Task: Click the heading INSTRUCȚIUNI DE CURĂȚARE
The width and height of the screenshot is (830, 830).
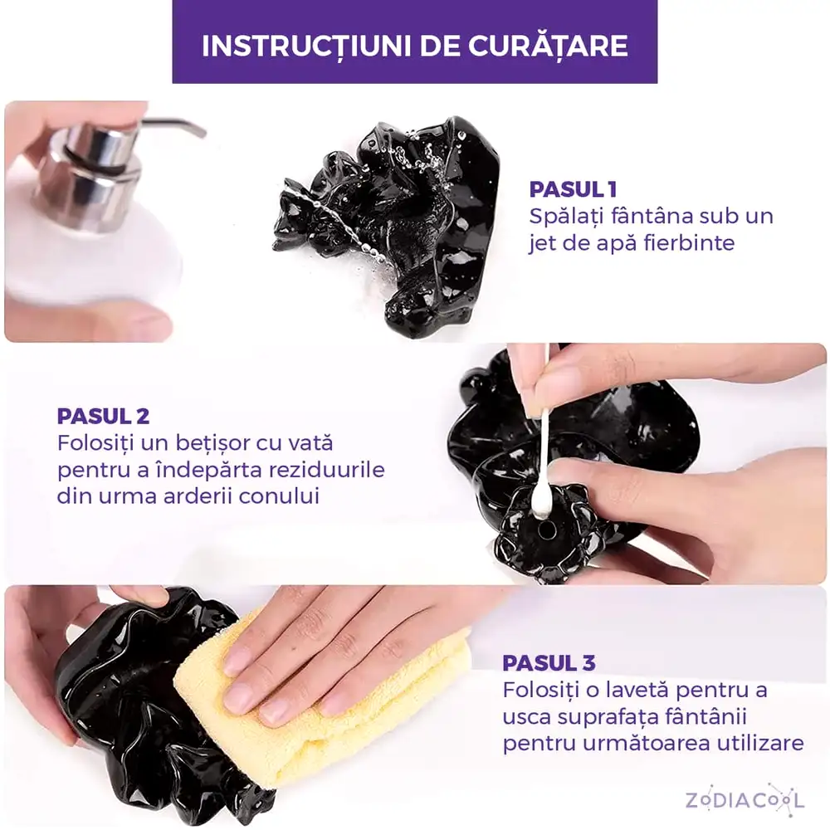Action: pos(414,45)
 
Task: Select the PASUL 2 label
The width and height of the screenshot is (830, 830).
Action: pos(103,417)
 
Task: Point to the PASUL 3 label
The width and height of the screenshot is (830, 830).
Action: pos(549,663)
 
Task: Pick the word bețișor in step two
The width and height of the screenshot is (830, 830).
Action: pos(234,443)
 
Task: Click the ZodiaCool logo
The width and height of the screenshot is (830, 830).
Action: pos(745,799)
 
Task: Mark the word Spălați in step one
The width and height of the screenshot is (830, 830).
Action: pos(567,217)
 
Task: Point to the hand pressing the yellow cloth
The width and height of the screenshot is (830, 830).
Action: pos(332,647)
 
